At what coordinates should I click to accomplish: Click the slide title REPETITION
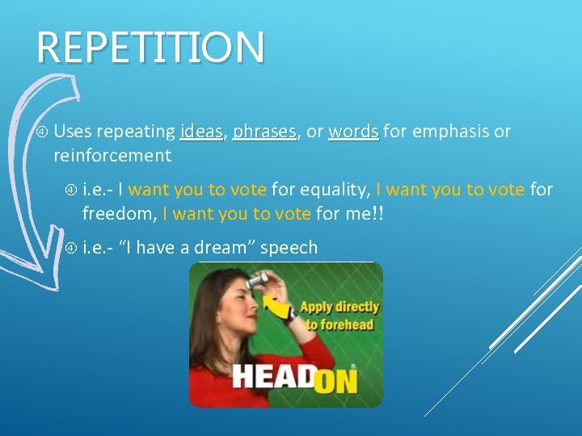click(x=150, y=48)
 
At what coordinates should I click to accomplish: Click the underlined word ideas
click(x=202, y=131)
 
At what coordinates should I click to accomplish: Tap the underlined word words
click(x=353, y=131)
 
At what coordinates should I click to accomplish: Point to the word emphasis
click(x=449, y=131)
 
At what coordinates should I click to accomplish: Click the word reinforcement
click(x=112, y=155)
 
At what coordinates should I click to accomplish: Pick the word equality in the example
click(x=334, y=191)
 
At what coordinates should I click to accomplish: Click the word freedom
click(x=119, y=214)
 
